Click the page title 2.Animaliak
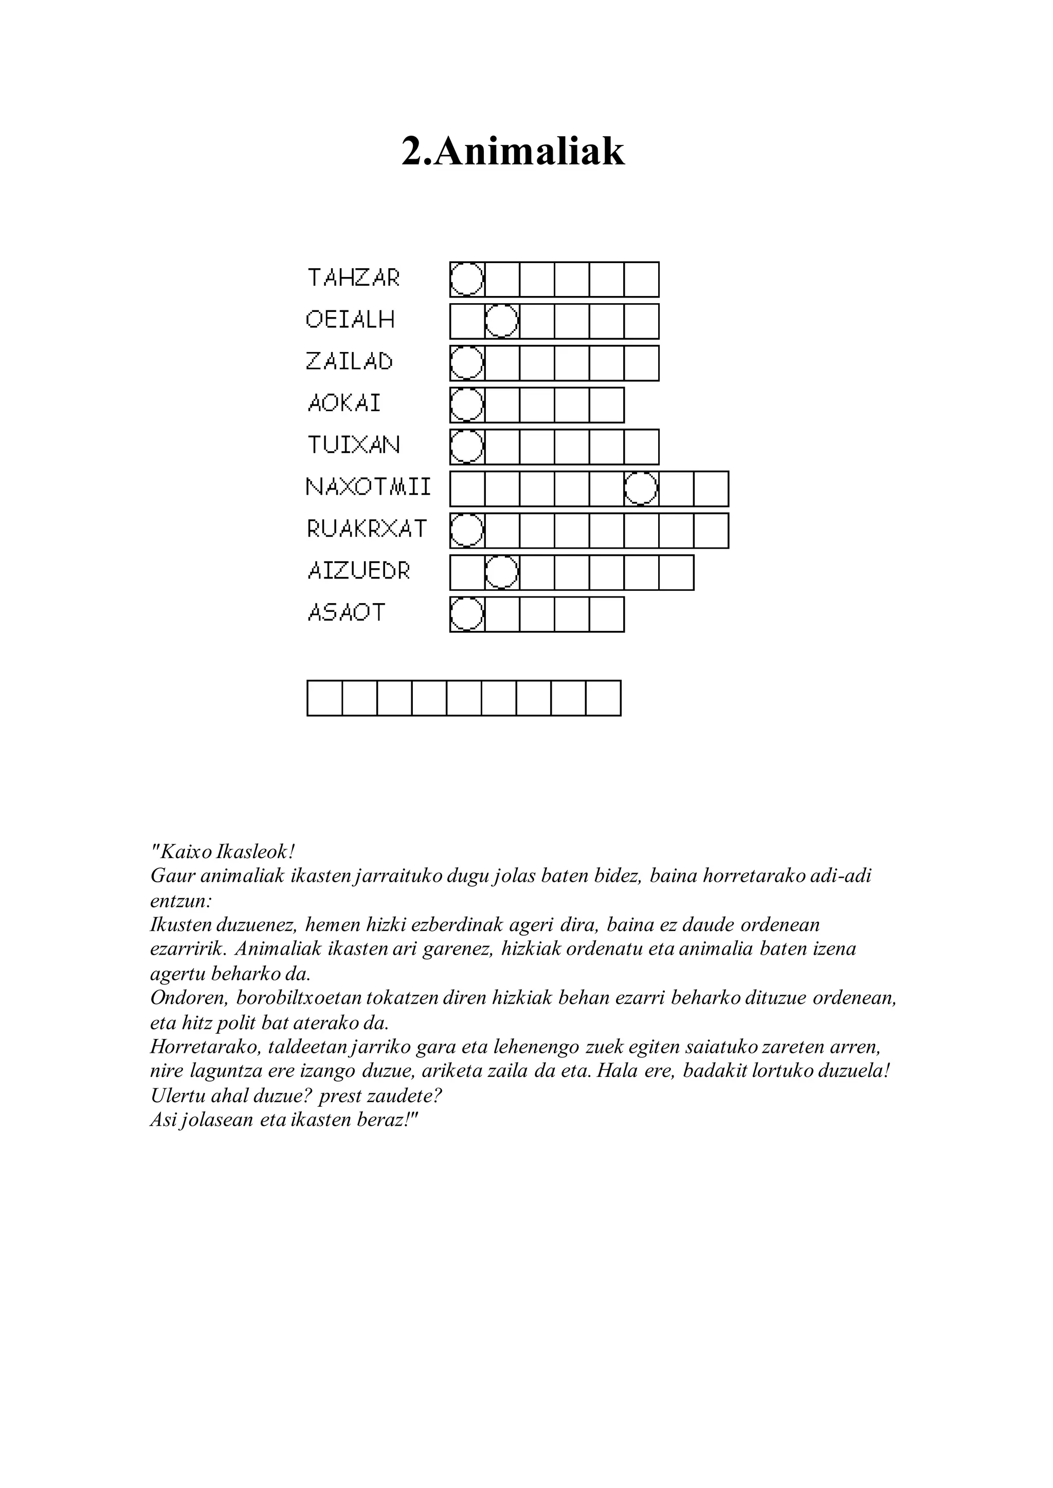pyautogui.click(x=513, y=152)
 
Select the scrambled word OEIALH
pyautogui.click(x=350, y=320)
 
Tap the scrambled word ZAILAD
pyautogui.click(x=350, y=362)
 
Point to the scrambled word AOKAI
pyautogui.click(x=344, y=403)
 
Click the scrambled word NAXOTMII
pyautogui.click(x=368, y=487)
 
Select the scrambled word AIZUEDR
pyautogui.click(x=358, y=571)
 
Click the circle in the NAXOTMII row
pyautogui.click(x=641, y=489)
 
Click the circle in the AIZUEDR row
pyautogui.click(x=501, y=572)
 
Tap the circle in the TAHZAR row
pyautogui.click(x=467, y=280)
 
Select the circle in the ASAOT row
pyautogui.click(x=467, y=615)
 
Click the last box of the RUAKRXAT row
pyautogui.click(x=711, y=531)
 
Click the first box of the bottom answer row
pyautogui.click(x=324, y=698)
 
